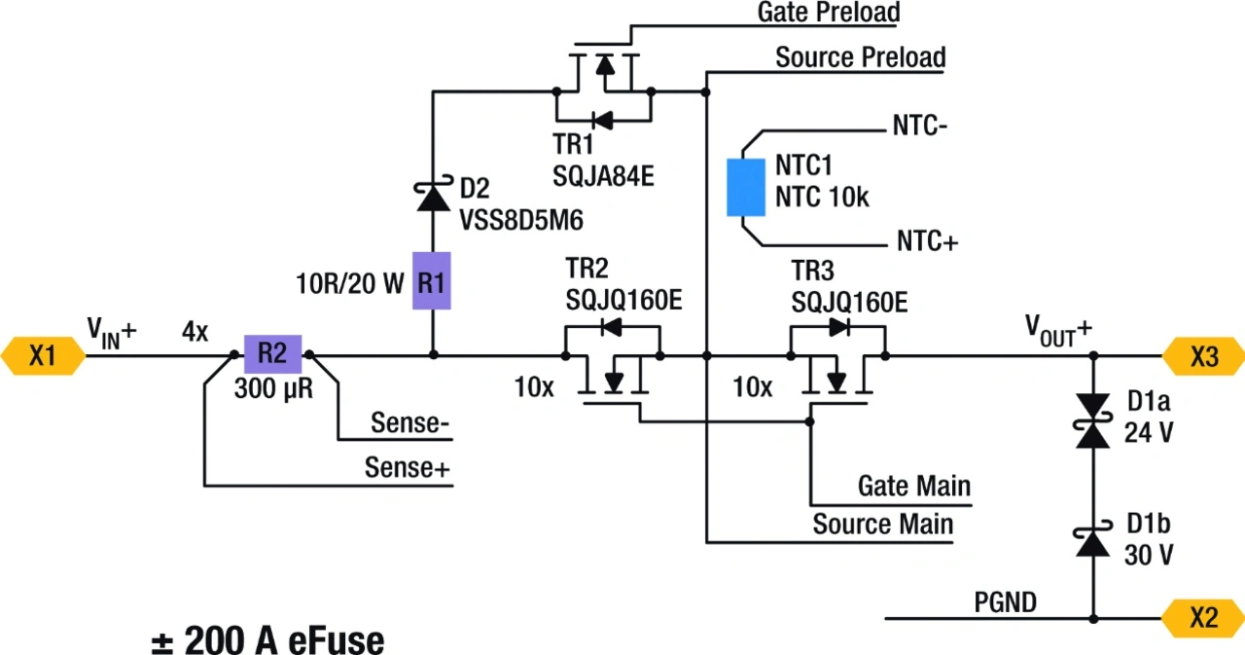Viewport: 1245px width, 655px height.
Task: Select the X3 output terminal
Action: [x=1204, y=356]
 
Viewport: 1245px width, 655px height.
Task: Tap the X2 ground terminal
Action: [x=1204, y=618]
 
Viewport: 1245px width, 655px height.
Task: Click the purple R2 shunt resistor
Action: [x=273, y=354]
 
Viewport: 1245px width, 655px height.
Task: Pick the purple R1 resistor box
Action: [x=432, y=281]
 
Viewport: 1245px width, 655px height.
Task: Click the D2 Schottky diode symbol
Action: [x=432, y=197]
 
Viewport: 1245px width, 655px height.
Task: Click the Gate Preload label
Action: [x=829, y=13]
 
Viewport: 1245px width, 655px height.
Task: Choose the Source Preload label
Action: [x=860, y=57]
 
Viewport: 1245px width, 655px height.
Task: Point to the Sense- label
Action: [x=409, y=424]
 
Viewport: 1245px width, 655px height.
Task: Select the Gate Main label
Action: [x=913, y=485]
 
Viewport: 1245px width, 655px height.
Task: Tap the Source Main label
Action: [x=882, y=526]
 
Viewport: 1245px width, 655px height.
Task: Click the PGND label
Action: [x=1005, y=603]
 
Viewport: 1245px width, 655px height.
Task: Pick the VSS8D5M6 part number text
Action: [x=521, y=220]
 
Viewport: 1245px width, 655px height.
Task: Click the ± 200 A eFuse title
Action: [x=267, y=640]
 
